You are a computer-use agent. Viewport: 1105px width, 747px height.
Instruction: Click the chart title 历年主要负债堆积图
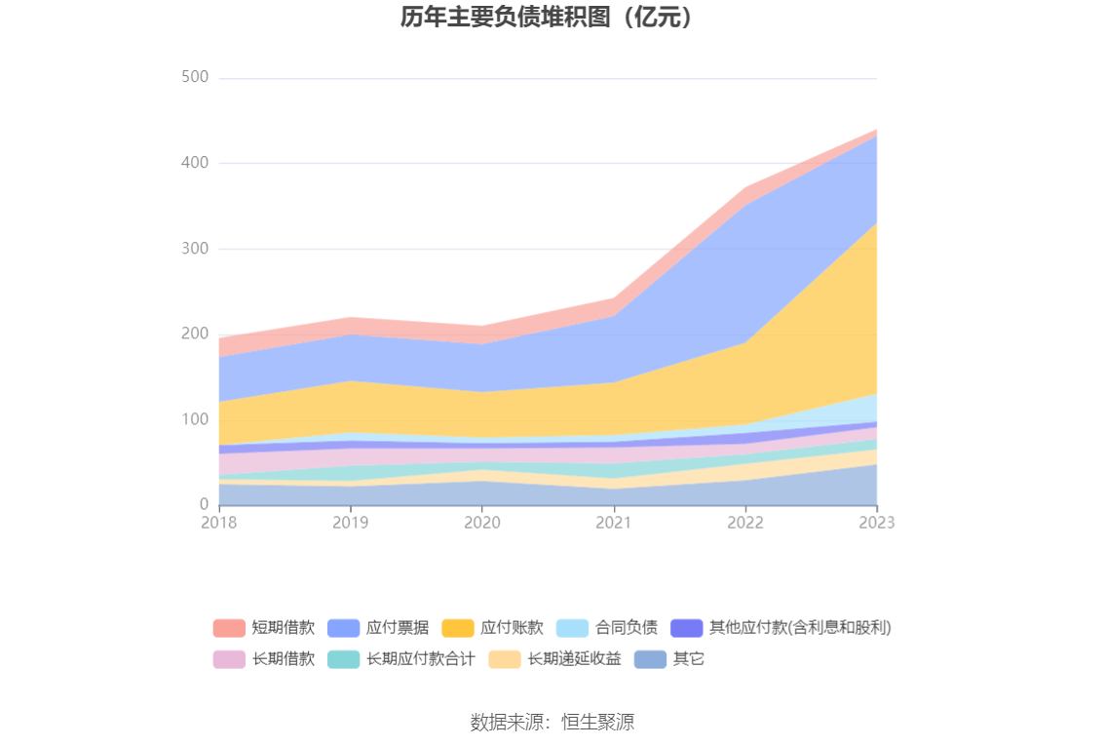coord(552,18)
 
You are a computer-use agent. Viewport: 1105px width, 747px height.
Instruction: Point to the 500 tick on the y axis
coord(195,77)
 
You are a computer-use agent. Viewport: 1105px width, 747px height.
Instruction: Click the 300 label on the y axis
coord(195,249)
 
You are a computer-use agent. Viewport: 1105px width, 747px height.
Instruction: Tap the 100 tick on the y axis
coord(195,419)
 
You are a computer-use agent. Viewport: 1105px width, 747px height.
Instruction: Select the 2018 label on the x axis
coord(219,523)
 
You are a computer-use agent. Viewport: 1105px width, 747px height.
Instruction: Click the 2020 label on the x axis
coord(482,523)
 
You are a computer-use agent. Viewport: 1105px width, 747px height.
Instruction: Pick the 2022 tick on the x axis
coord(745,523)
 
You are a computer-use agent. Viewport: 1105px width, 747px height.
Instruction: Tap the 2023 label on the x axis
coord(877,523)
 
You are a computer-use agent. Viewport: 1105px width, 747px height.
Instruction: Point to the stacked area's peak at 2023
coord(876,130)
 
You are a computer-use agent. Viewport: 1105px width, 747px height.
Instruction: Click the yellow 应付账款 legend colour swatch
coord(458,628)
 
